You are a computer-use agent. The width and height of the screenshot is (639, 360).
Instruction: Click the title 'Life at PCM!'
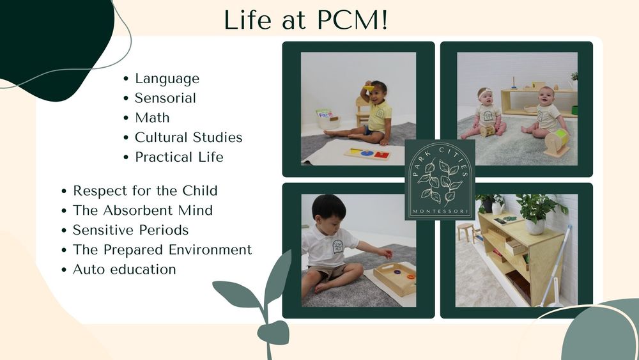coord(305,20)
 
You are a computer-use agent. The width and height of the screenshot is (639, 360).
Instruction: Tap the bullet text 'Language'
coord(167,79)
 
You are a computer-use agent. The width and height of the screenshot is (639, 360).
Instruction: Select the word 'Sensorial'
coord(165,98)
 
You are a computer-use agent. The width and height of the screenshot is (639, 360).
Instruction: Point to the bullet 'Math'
coord(152,118)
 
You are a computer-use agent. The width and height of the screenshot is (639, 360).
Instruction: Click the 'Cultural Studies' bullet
coord(189,137)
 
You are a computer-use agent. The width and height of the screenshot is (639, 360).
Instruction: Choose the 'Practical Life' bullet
coord(179,157)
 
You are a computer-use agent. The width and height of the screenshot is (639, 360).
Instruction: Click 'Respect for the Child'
coord(145,191)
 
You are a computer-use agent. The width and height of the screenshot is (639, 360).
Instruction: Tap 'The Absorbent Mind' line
coord(142,210)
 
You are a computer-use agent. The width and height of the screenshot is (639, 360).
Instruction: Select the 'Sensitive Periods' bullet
coord(130,230)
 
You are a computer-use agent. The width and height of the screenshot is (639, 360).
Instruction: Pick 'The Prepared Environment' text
coord(162,249)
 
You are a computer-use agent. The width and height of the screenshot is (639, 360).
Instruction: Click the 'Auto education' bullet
coord(124,269)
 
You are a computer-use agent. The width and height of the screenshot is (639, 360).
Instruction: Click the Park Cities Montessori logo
coord(440,180)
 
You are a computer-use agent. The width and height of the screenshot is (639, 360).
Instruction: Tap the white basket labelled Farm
coord(326,119)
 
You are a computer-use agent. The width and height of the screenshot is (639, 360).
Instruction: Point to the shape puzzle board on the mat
coord(367,153)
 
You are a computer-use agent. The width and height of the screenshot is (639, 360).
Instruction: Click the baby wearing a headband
coord(487,114)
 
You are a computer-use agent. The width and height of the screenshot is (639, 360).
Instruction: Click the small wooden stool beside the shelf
coord(466,230)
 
